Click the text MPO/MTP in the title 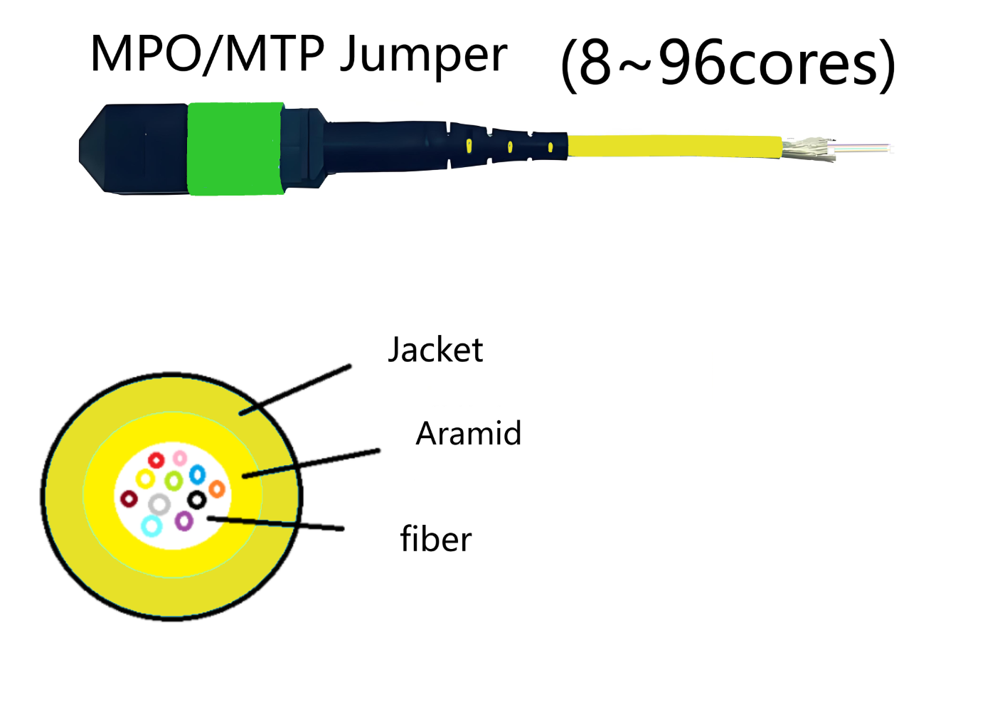pyautogui.click(x=208, y=54)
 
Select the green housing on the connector pyautogui.click(x=235, y=148)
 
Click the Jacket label pyautogui.click(x=435, y=350)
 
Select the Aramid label pyautogui.click(x=468, y=433)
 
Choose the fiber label pyautogui.click(x=435, y=539)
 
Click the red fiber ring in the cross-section pyautogui.click(x=156, y=460)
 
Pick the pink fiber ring pyautogui.click(x=180, y=457)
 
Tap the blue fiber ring pyautogui.click(x=197, y=474)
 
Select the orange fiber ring pyautogui.click(x=217, y=489)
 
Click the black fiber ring pyautogui.click(x=197, y=500)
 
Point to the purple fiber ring pyautogui.click(x=184, y=521)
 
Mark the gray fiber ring pyautogui.click(x=159, y=505)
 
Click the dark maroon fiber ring pyautogui.click(x=129, y=499)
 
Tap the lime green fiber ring pyautogui.click(x=173, y=481)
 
